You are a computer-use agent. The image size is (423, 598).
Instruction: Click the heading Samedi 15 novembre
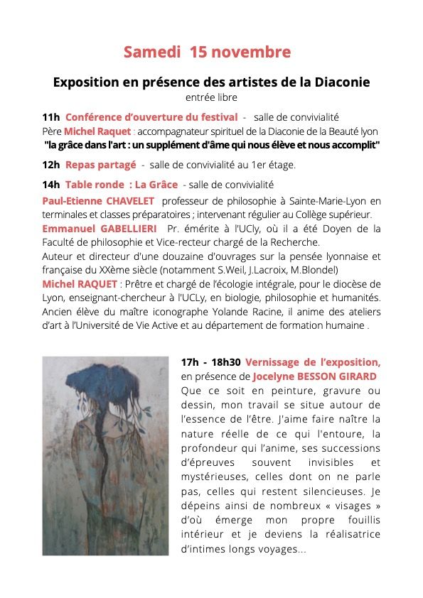coord(207,53)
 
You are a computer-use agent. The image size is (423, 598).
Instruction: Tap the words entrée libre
coord(211,97)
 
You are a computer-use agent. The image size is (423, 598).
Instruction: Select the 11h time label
coord(51,117)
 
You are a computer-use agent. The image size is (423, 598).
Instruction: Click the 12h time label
coord(51,165)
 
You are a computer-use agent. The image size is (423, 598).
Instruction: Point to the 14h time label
coord(51,185)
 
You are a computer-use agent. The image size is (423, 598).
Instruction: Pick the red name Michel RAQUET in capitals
coord(76,284)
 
